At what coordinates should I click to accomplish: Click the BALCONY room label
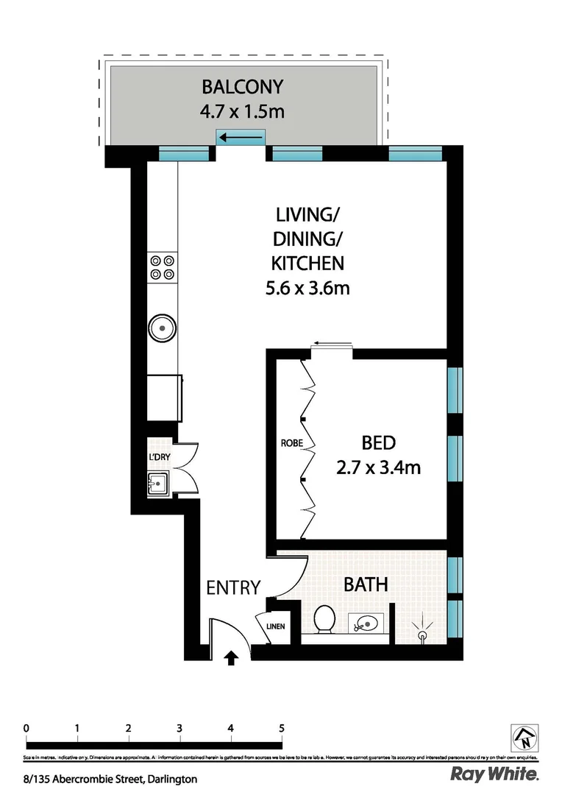point(242,87)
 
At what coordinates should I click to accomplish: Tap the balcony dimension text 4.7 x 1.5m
point(242,113)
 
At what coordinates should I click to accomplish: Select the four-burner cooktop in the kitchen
point(162,266)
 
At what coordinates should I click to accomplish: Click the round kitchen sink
point(161,326)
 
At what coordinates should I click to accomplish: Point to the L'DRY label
point(160,458)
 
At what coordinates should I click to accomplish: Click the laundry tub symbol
point(160,484)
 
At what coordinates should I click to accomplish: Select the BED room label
point(379,443)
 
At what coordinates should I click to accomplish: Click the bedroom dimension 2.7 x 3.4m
point(379,467)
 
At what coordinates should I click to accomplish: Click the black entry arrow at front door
point(232,657)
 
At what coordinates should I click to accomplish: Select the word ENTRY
point(233,587)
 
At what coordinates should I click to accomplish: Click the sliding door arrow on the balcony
point(242,137)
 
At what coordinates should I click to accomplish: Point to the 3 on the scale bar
point(179,728)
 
